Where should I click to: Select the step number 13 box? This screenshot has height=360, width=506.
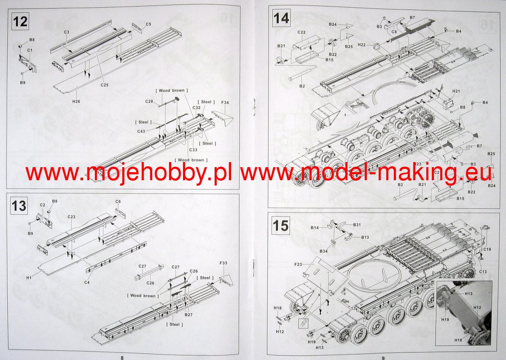(19, 206)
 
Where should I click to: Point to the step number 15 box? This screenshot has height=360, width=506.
(281, 225)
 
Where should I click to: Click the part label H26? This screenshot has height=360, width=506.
(76, 102)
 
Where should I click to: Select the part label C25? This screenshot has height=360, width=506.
(105, 85)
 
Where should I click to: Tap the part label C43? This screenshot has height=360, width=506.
(141, 131)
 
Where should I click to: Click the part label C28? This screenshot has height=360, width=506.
(149, 101)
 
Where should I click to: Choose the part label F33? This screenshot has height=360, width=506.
(223, 263)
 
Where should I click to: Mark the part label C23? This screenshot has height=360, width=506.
(71, 217)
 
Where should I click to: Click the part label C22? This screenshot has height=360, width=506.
(301, 32)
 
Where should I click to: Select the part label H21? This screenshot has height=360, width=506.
(456, 91)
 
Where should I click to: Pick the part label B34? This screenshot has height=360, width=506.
(323, 252)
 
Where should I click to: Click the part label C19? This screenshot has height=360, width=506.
(487, 249)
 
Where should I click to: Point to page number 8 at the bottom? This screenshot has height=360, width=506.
(122, 357)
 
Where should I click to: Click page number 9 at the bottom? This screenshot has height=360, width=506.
(383, 357)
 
